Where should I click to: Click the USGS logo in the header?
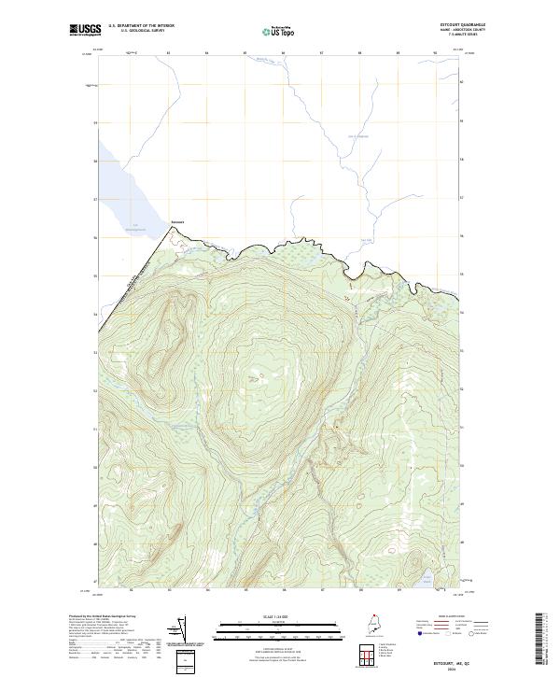[x=85, y=30]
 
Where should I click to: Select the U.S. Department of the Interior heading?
[x=142, y=26]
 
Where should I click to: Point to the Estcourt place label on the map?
[x=177, y=222]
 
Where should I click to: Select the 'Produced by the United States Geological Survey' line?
[x=98, y=615]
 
